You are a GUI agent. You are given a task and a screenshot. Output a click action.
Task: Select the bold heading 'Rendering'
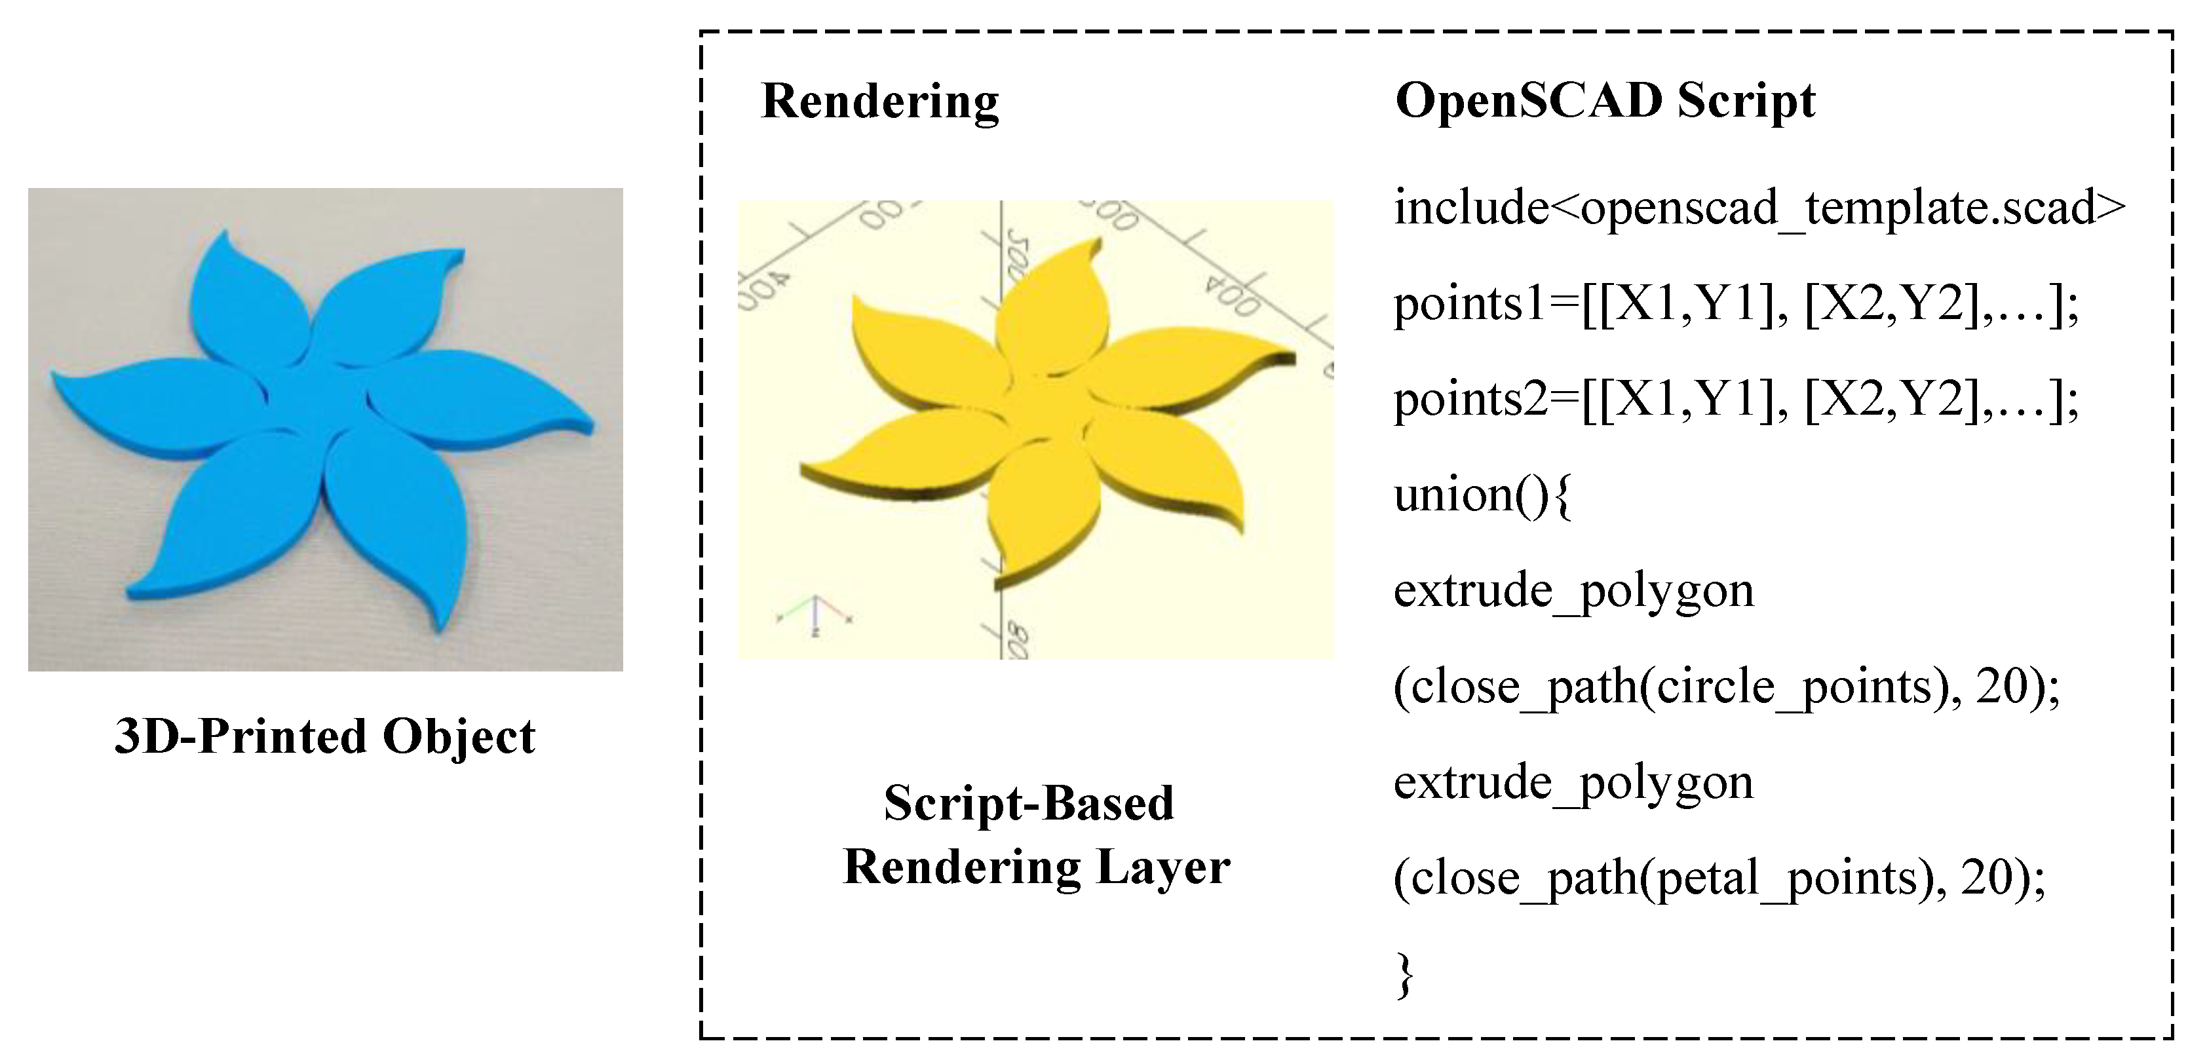point(880,102)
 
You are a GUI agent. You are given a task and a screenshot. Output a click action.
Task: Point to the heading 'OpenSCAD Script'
point(1605,102)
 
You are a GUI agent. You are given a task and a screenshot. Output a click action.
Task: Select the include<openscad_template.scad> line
point(1758,207)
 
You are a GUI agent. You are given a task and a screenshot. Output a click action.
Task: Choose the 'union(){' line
point(1482,495)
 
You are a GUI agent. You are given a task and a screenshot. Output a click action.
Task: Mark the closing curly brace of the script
point(1405,975)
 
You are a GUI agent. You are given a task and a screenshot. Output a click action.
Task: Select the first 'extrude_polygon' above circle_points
point(1573,591)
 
